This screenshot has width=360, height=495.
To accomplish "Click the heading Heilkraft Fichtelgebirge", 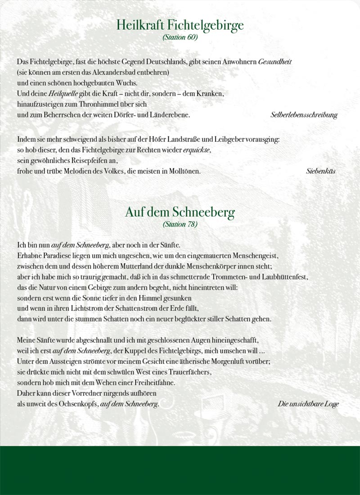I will [180, 25].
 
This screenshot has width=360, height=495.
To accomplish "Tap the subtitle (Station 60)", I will [180, 38].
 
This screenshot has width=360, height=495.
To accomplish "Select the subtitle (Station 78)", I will [180, 224].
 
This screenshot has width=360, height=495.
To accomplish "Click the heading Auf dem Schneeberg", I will [180, 212].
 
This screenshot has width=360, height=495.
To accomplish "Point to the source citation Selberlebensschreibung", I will [304, 115].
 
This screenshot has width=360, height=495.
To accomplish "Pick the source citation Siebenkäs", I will [321, 171].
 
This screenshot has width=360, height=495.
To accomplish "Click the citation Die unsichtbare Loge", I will [308, 404].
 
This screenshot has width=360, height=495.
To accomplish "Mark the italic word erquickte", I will [197, 150].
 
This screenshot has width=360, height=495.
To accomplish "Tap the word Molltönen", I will [183, 171].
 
